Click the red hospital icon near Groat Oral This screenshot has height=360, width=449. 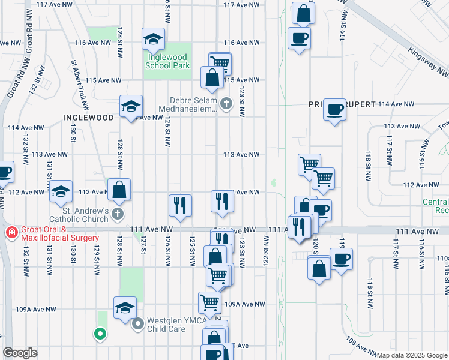click(x=11, y=232)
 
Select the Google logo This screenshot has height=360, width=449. click(x=20, y=353)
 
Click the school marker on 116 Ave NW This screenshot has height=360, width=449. click(x=154, y=40)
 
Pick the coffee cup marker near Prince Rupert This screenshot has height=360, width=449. click(x=335, y=110)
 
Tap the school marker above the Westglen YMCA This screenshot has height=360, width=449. click(x=125, y=308)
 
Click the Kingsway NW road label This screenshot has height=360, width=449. click(x=427, y=62)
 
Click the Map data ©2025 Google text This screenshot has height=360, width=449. click(x=412, y=355)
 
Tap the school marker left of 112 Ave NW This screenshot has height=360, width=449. click(x=61, y=191)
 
